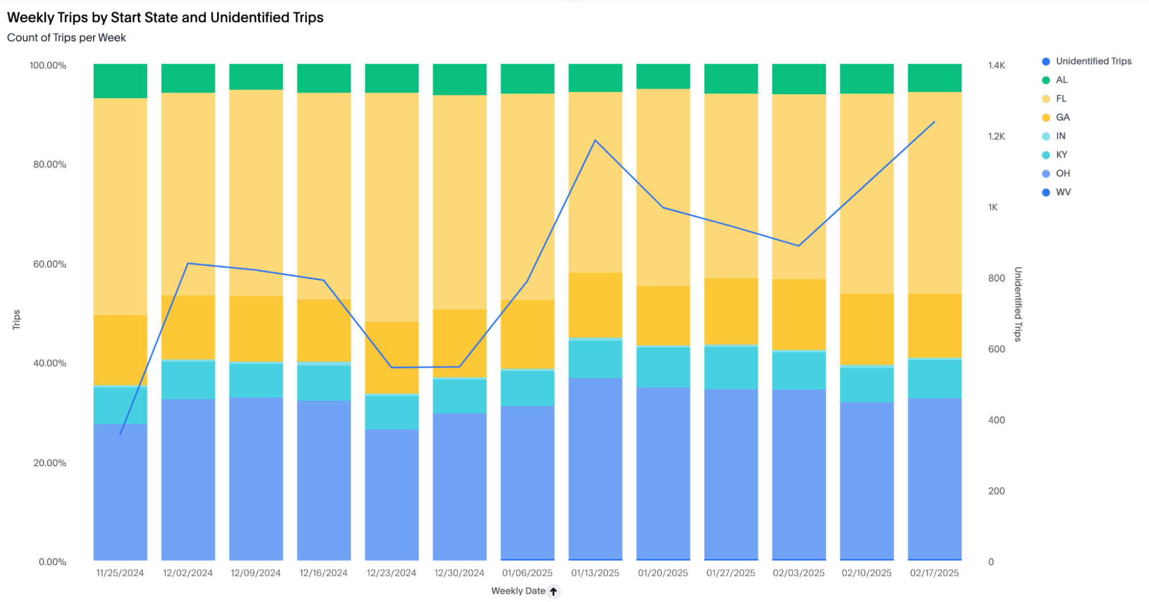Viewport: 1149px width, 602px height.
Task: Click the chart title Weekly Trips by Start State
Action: click(165, 18)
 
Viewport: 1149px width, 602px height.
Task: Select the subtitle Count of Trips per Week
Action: click(66, 38)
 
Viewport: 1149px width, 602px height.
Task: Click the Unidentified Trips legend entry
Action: click(1093, 61)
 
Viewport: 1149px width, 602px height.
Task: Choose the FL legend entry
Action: click(1060, 99)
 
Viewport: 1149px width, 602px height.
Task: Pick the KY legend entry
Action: click(1061, 155)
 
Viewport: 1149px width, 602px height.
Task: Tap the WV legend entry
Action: click(1063, 192)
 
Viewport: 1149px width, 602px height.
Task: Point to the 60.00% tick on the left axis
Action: click(49, 264)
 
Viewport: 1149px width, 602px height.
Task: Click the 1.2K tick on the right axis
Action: click(996, 137)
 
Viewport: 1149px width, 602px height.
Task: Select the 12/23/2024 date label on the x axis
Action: click(391, 573)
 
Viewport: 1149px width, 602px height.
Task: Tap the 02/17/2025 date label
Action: click(934, 573)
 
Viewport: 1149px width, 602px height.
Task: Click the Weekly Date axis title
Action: click(518, 591)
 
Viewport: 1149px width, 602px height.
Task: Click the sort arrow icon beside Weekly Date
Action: click(554, 591)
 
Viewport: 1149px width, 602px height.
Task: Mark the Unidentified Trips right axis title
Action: click(1018, 304)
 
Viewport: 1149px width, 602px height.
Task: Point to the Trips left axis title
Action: click(17, 319)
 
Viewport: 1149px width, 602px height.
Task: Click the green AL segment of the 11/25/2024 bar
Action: click(120, 81)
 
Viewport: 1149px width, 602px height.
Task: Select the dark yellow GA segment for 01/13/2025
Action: click(595, 305)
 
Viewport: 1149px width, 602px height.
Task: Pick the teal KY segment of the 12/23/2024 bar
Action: click(391, 412)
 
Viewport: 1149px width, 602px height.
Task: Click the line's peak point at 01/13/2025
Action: click(595, 141)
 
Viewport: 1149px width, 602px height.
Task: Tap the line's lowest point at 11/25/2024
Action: click(120, 434)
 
